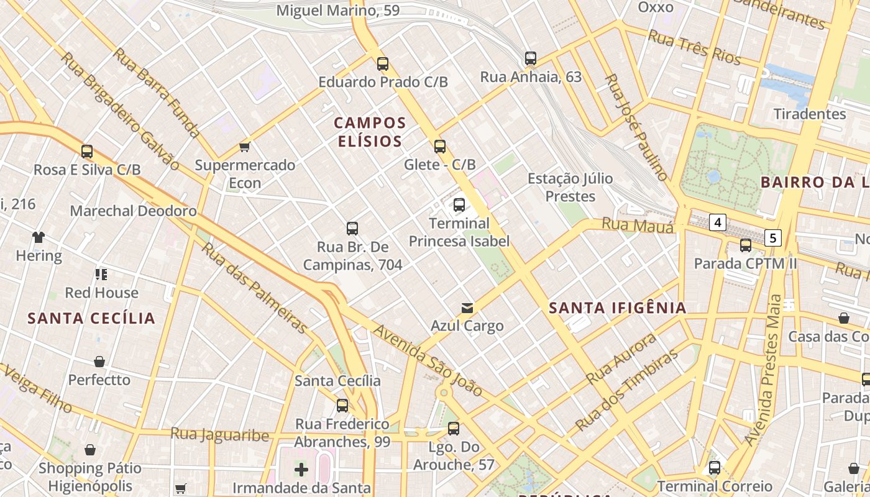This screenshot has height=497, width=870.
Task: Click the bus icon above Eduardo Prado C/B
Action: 383,63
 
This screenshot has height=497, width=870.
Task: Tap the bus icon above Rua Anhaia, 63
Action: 530,58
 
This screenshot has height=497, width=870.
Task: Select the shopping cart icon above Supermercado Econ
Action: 245,147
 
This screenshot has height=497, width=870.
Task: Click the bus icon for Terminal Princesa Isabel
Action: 459,204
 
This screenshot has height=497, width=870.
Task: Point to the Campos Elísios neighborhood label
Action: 370,132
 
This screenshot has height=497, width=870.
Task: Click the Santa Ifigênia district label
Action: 618,308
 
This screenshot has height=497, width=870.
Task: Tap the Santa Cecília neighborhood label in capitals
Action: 91,318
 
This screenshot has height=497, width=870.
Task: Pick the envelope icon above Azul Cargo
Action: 467,308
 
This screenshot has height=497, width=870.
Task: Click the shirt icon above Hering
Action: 39,237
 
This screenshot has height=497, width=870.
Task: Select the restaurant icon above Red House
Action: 101,274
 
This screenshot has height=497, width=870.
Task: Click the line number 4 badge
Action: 718,222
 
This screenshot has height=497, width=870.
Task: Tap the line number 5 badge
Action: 773,237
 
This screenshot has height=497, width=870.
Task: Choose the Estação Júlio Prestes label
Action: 570,188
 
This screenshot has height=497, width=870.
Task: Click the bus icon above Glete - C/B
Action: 440,147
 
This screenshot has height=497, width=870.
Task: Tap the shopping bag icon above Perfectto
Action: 99,362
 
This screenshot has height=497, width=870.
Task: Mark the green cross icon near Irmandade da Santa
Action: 301,469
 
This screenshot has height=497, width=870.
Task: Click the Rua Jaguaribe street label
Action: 220,434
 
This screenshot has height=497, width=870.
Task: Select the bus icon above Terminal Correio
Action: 715,468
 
